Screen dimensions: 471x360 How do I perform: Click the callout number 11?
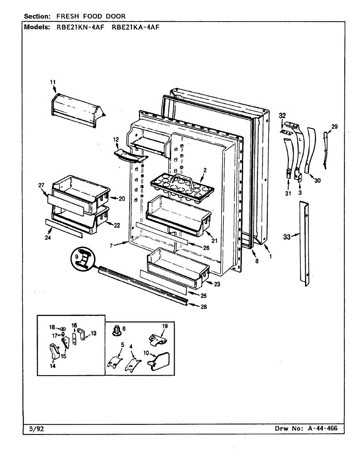[x=53, y=82]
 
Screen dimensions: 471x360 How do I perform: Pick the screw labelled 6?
[x=117, y=331]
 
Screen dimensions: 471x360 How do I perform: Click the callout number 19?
[x=164, y=326]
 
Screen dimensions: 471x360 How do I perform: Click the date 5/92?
[x=37, y=429]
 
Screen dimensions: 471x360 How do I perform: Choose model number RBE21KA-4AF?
[x=135, y=27]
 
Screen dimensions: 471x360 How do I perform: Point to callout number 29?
[x=334, y=126]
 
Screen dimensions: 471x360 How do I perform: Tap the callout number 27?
[x=42, y=185]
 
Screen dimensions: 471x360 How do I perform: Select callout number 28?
[x=203, y=307]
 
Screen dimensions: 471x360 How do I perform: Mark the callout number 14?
[x=52, y=366]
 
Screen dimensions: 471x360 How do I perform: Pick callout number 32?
[x=283, y=115]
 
